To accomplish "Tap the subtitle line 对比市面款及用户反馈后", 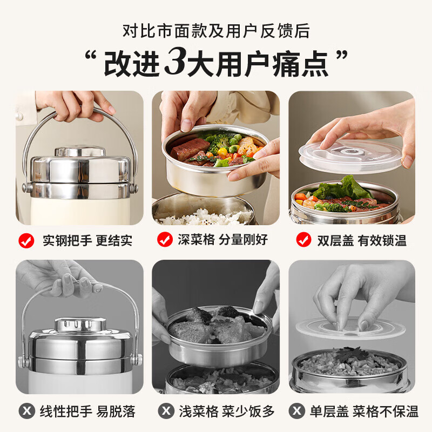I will coord(216,31).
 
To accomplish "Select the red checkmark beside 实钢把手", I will coord(26,240).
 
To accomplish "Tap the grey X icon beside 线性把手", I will coord(26,411).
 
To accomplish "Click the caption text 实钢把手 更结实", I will coord(87,240).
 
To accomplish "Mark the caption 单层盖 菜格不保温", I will coord(362,411).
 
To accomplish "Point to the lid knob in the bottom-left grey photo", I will coord(79,323).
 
